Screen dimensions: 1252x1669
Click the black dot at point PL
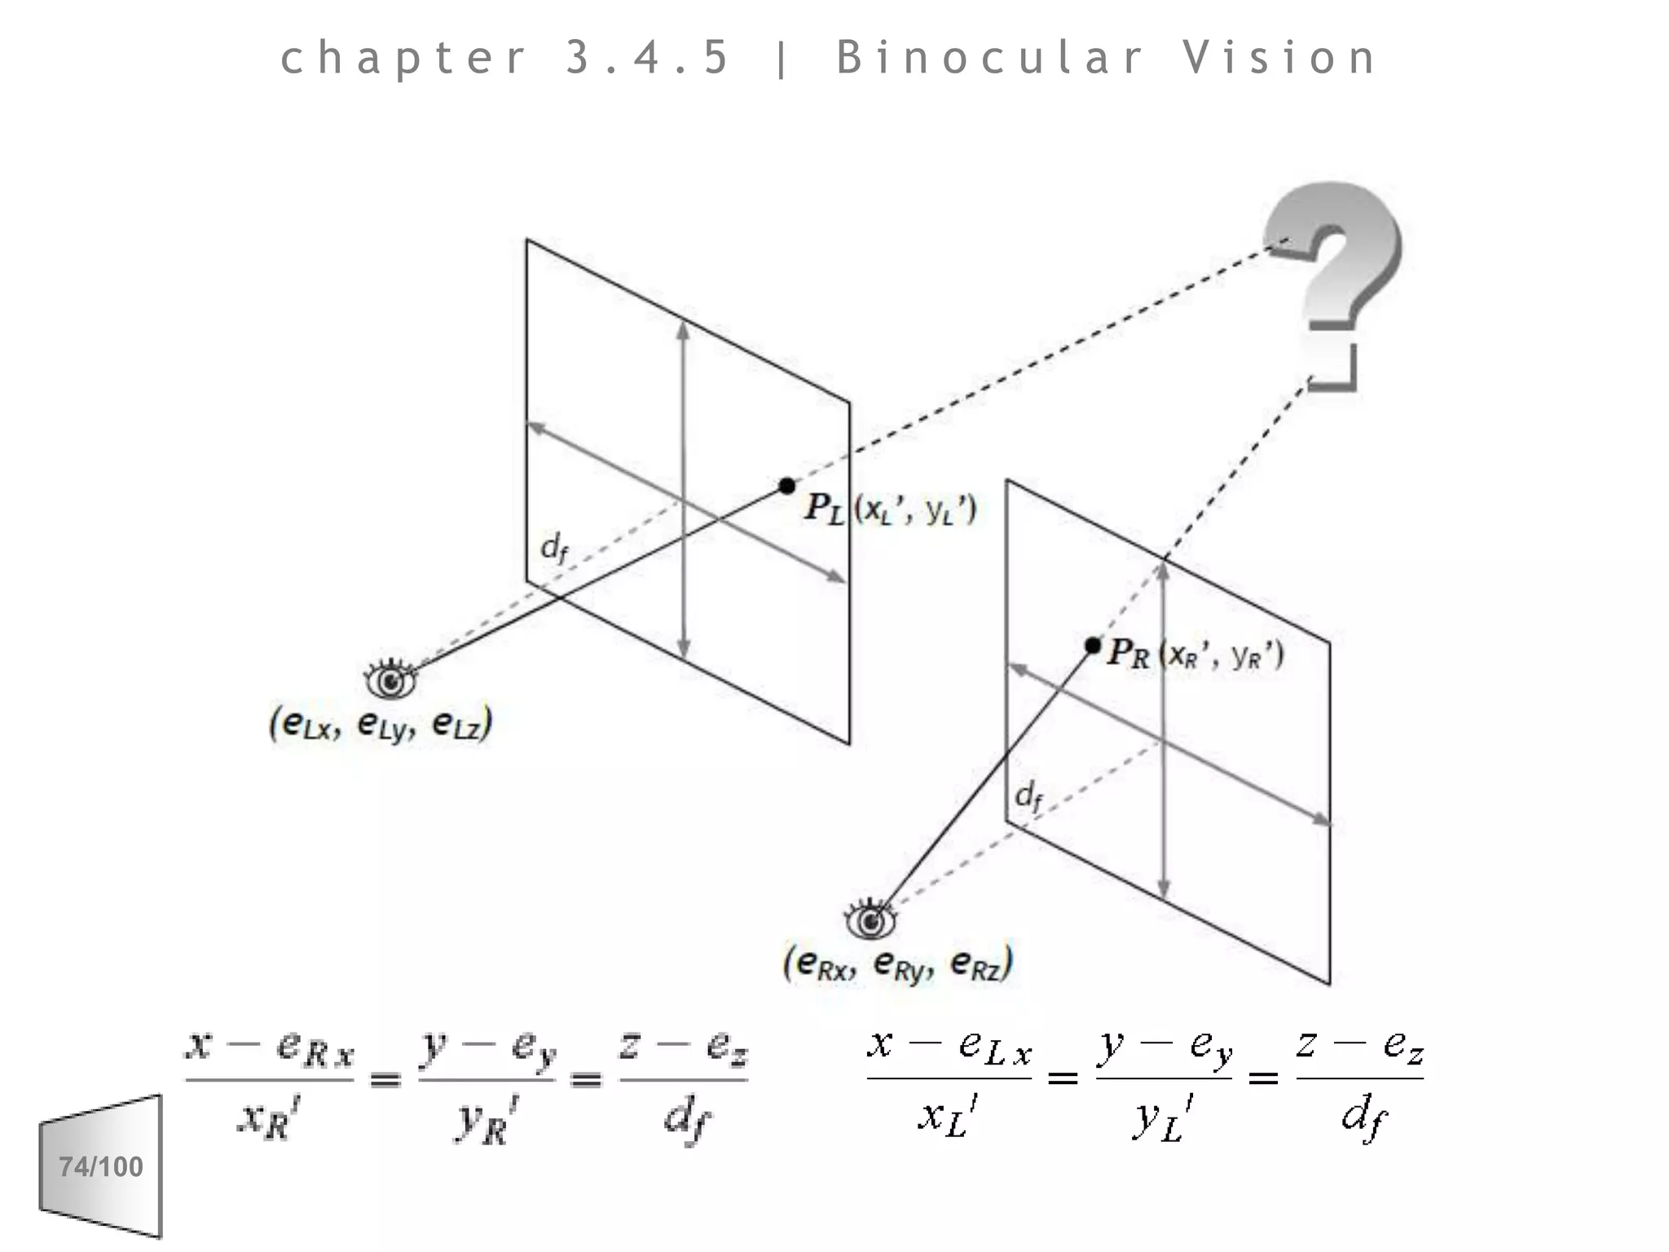click(x=786, y=486)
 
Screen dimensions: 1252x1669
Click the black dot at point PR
click(x=1093, y=646)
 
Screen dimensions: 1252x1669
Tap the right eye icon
click(x=870, y=920)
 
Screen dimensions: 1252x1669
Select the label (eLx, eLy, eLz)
click(x=381, y=724)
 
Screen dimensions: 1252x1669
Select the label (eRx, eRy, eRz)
click(x=897, y=964)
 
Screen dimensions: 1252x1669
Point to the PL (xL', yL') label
click(x=890, y=509)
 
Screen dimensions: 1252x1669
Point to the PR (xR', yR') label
click(x=1195, y=655)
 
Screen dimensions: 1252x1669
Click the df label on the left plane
click(x=553, y=547)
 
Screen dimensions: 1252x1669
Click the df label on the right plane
click(x=1028, y=795)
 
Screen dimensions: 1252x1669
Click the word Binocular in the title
click(x=989, y=58)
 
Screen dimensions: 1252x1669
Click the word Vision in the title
click(x=1279, y=58)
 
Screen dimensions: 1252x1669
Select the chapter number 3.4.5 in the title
click(x=647, y=58)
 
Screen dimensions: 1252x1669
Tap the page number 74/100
click(x=101, y=1166)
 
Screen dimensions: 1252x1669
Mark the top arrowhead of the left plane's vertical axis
click(x=683, y=328)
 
